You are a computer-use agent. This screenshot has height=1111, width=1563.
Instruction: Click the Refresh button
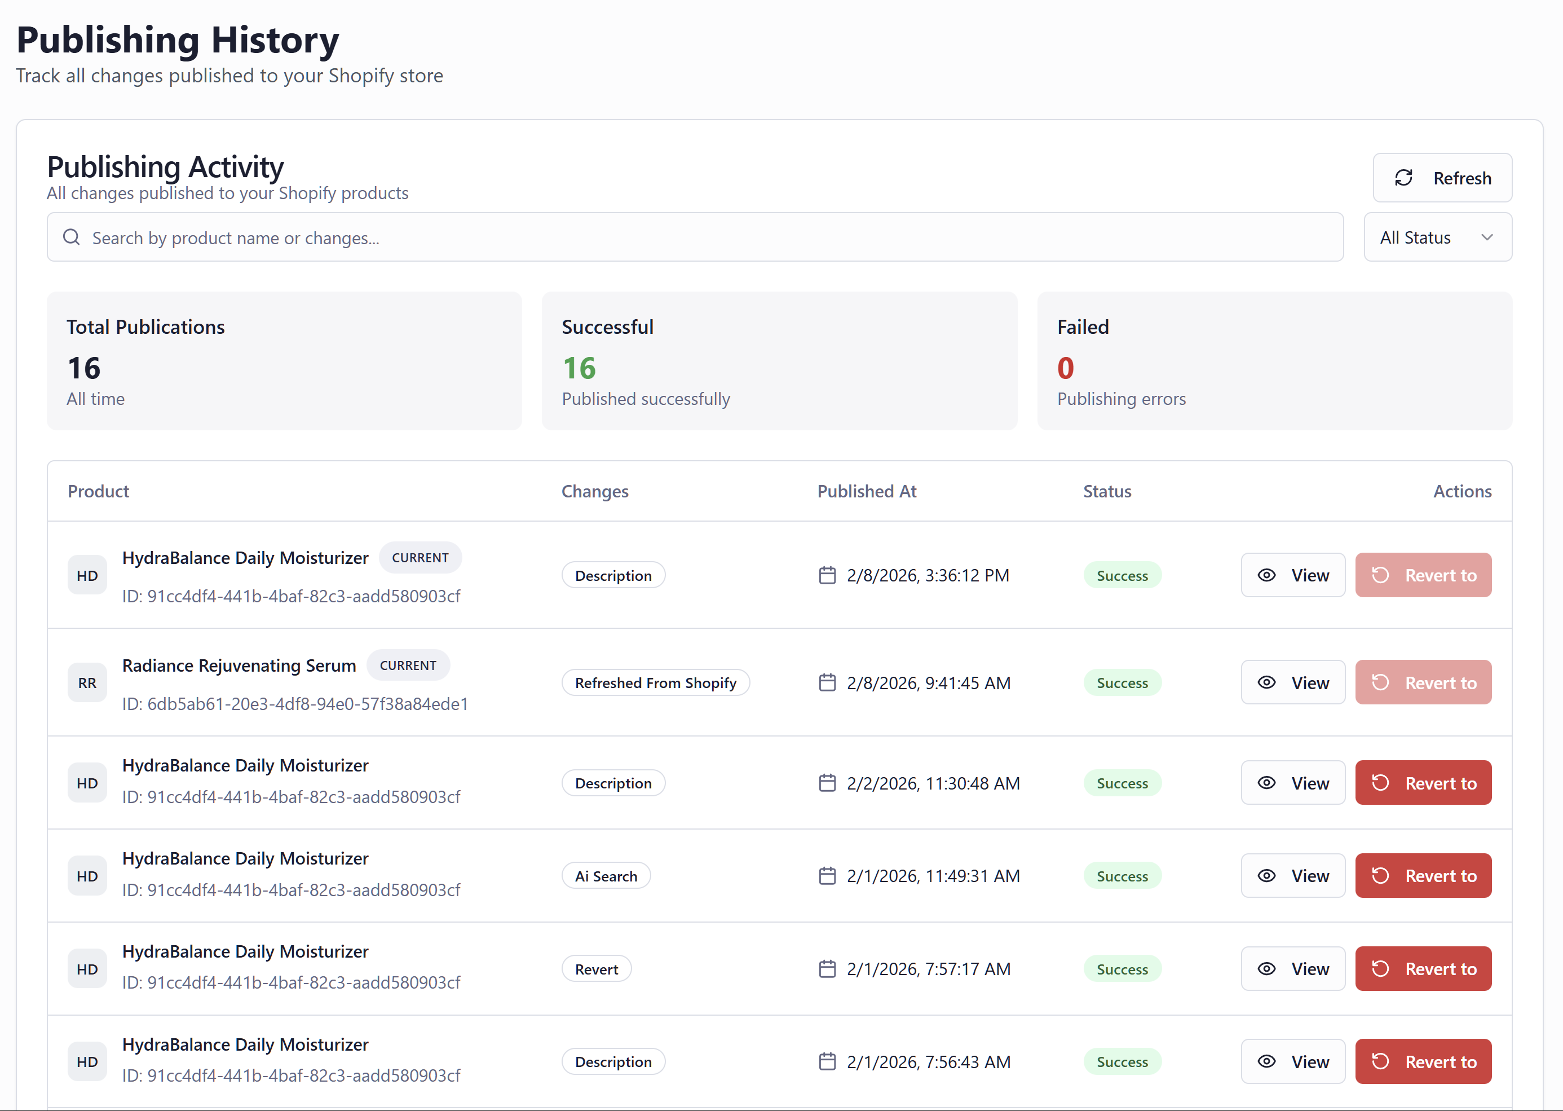tap(1442, 178)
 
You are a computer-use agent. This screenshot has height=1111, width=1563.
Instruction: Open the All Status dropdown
tap(1437, 237)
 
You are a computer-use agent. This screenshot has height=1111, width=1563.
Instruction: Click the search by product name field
tap(694, 237)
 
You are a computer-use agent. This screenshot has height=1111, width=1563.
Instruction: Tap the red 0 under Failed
tap(1065, 369)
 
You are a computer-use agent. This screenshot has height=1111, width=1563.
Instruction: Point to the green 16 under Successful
tap(579, 369)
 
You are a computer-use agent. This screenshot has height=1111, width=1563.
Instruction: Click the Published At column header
tap(866, 491)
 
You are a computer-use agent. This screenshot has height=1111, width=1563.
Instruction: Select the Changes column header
tap(594, 491)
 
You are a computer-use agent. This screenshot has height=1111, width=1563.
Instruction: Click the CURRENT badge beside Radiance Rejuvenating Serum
tap(408, 665)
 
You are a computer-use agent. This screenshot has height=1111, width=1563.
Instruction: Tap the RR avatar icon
tap(87, 683)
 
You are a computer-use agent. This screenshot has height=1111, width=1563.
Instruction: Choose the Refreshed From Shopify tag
tap(655, 683)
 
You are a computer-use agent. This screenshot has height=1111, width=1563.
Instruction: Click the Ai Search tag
tap(606, 876)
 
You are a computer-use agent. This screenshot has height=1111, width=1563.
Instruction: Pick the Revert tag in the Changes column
tap(596, 969)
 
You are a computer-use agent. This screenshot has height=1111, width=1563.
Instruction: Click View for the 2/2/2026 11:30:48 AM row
tap(1292, 783)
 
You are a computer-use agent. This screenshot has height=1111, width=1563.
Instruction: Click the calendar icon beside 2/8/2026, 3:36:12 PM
tap(827, 575)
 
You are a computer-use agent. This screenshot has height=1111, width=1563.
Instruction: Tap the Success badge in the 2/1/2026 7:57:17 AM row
tap(1122, 969)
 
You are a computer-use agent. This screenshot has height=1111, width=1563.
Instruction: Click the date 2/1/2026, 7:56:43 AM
tap(928, 1062)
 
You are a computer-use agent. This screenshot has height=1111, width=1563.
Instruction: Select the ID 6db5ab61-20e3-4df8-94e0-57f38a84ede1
tap(295, 704)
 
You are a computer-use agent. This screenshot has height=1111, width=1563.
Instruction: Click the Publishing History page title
tap(178, 39)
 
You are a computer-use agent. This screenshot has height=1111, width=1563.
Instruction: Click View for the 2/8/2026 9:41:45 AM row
tap(1292, 683)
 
